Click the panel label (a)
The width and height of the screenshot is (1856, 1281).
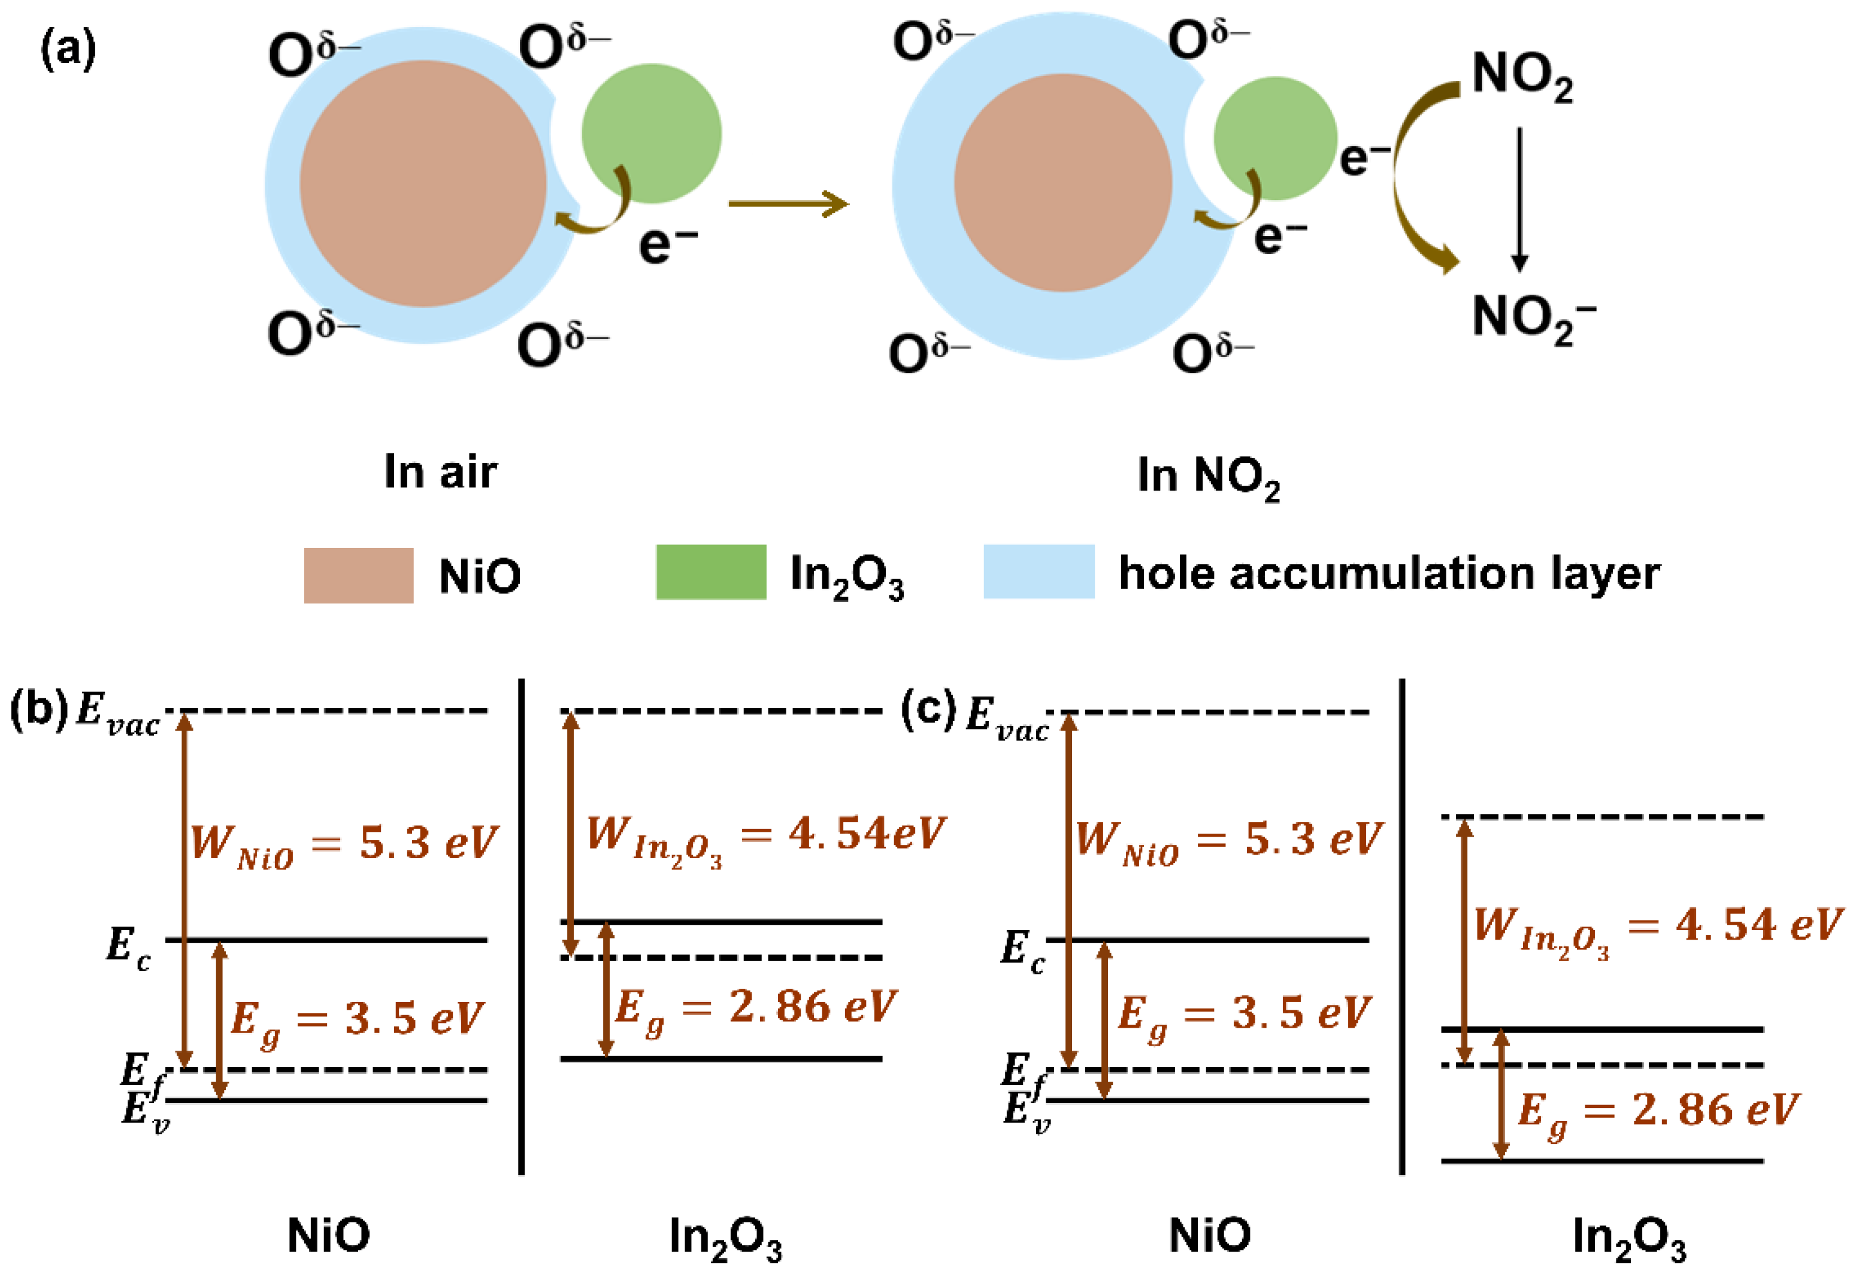68,50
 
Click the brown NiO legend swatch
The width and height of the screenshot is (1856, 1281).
358,575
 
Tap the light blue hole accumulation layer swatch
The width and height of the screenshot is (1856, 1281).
1038,571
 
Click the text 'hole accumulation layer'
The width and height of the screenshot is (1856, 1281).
1389,573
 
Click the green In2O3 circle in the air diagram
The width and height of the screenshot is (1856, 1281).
651,133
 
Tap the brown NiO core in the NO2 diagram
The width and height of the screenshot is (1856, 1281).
1062,183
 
